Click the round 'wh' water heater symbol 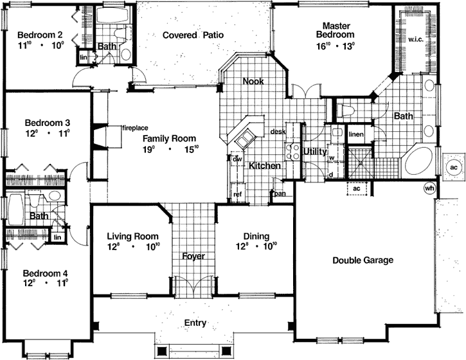[429, 188]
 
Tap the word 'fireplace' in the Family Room [135, 129]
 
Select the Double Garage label [363, 260]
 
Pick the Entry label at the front [195, 323]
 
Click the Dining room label [256, 236]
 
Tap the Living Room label [132, 236]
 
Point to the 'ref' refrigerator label [237, 194]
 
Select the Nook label [253, 82]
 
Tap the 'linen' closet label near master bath [356, 133]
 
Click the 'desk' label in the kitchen [278, 131]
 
